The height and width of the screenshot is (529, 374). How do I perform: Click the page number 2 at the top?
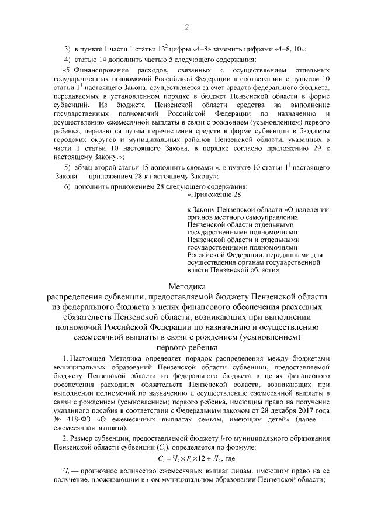point(187,27)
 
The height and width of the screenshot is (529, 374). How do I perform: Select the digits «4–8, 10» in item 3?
point(291,48)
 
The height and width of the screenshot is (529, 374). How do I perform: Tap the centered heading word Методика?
point(187,287)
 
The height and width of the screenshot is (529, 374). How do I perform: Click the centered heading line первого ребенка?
point(187,347)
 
